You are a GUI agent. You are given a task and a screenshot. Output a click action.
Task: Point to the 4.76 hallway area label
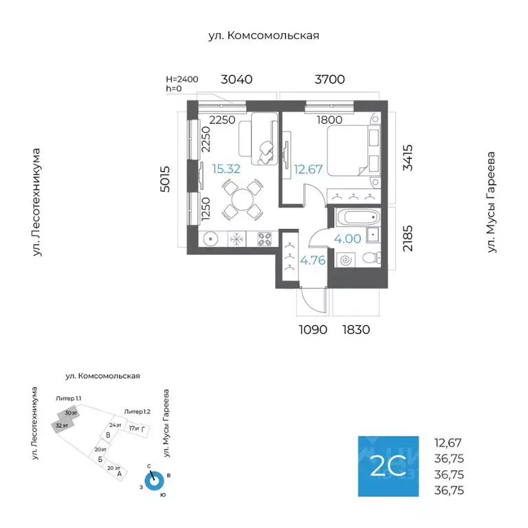[x=312, y=260]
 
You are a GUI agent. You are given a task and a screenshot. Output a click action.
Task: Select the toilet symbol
[x=369, y=259]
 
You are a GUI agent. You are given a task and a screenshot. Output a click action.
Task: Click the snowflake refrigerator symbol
[x=236, y=239]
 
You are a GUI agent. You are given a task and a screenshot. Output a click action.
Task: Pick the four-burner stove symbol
[x=265, y=239]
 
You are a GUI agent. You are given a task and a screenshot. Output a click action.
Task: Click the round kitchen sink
[x=211, y=239]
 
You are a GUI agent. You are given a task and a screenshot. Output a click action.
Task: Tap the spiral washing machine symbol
[x=344, y=260]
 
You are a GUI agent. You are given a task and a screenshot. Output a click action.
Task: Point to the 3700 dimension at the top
[x=329, y=80]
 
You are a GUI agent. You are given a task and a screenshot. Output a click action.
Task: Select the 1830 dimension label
[x=356, y=329]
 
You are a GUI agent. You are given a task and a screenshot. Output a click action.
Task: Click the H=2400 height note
[x=182, y=79]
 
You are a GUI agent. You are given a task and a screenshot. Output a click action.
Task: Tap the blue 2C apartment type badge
[x=387, y=467]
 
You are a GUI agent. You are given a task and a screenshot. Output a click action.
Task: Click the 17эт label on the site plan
[x=134, y=428]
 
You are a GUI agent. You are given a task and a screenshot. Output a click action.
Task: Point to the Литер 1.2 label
[x=137, y=411]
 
